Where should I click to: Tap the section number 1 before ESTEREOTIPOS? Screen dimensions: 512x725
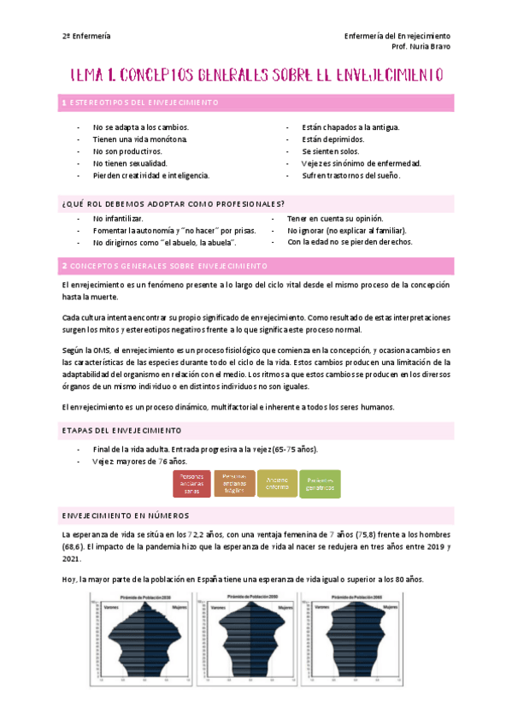65,103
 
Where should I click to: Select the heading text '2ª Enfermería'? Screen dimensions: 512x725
86,36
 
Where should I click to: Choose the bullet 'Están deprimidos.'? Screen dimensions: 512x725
333,139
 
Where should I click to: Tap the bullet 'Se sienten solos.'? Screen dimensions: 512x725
330,151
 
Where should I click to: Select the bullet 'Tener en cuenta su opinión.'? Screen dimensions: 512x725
335,218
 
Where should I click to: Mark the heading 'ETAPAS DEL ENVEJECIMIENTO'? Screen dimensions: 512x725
121,429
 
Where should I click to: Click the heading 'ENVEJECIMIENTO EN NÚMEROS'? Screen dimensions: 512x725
126,516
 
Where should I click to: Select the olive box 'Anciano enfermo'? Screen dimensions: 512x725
278,484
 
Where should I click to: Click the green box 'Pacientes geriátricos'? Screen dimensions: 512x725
320,484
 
